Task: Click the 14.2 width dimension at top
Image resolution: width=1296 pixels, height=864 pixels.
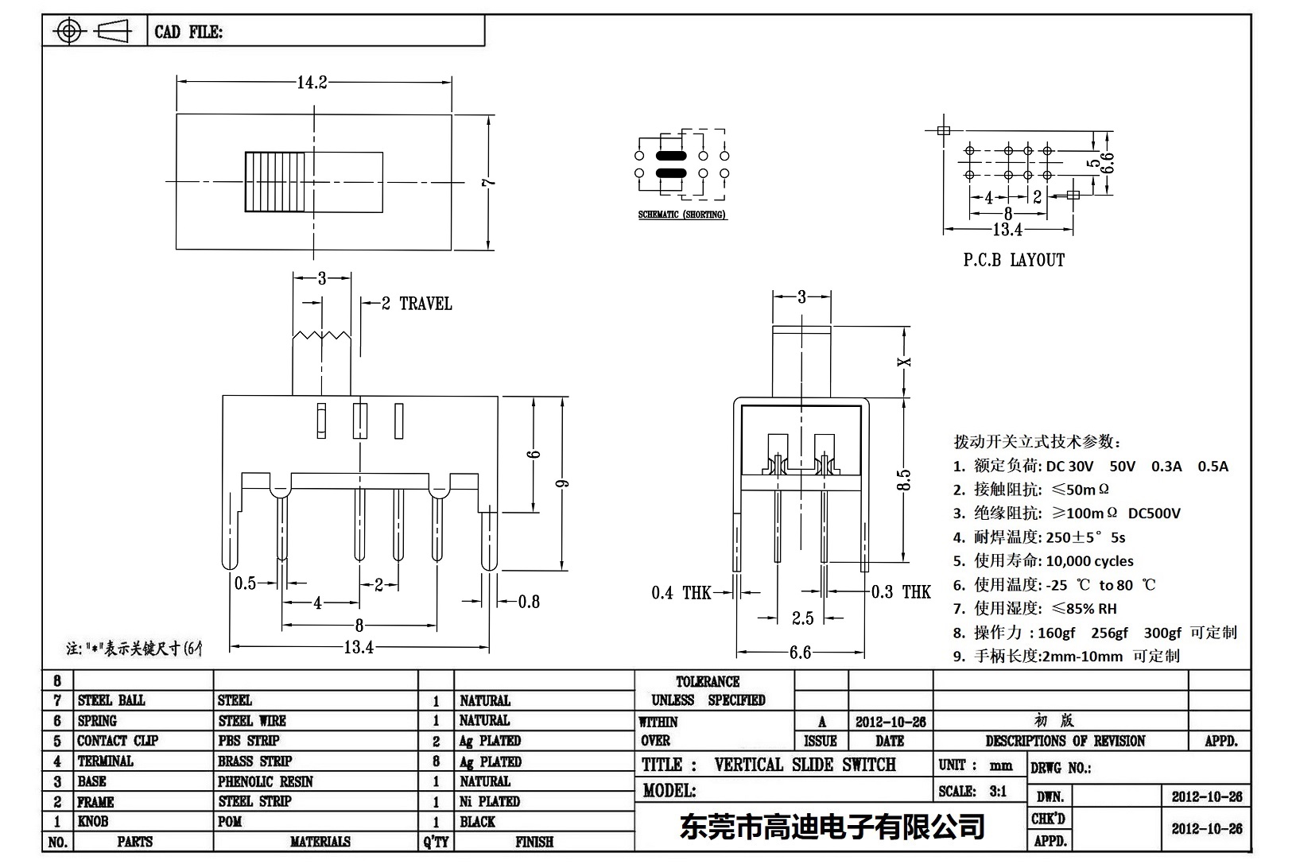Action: [312, 83]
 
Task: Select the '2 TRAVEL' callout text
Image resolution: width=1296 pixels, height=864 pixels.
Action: [417, 304]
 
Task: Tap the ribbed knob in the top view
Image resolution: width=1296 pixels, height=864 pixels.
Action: [275, 182]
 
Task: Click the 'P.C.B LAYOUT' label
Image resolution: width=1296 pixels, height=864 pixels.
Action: [1014, 260]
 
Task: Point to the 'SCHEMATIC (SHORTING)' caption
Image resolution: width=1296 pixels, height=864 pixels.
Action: [682, 215]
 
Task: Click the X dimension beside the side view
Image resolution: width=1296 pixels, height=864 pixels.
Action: [904, 362]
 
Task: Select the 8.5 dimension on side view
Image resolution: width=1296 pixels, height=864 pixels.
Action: [904, 481]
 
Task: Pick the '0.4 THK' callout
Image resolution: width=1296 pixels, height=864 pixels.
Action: [681, 592]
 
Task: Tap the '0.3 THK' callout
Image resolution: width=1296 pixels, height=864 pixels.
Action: [901, 592]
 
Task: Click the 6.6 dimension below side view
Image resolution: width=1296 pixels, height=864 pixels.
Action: [800, 653]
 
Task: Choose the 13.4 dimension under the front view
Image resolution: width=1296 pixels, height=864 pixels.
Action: [359, 647]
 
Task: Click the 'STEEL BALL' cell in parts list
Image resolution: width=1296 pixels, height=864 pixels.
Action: [111, 700]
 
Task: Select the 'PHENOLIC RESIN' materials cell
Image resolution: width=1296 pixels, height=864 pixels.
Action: [266, 781]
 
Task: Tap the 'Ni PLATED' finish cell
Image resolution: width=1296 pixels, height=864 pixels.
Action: [490, 801]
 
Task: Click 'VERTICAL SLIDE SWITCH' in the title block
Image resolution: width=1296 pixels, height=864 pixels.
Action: [805, 765]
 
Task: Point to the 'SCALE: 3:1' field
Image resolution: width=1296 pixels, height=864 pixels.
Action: [972, 791]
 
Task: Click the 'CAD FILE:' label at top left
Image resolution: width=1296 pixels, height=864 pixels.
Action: [188, 32]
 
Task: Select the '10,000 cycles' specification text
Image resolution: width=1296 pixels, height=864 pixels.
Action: [1089, 561]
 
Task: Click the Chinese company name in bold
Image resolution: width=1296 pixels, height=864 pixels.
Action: [832, 827]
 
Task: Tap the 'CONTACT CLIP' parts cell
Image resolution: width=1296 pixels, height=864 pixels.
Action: [118, 741]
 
